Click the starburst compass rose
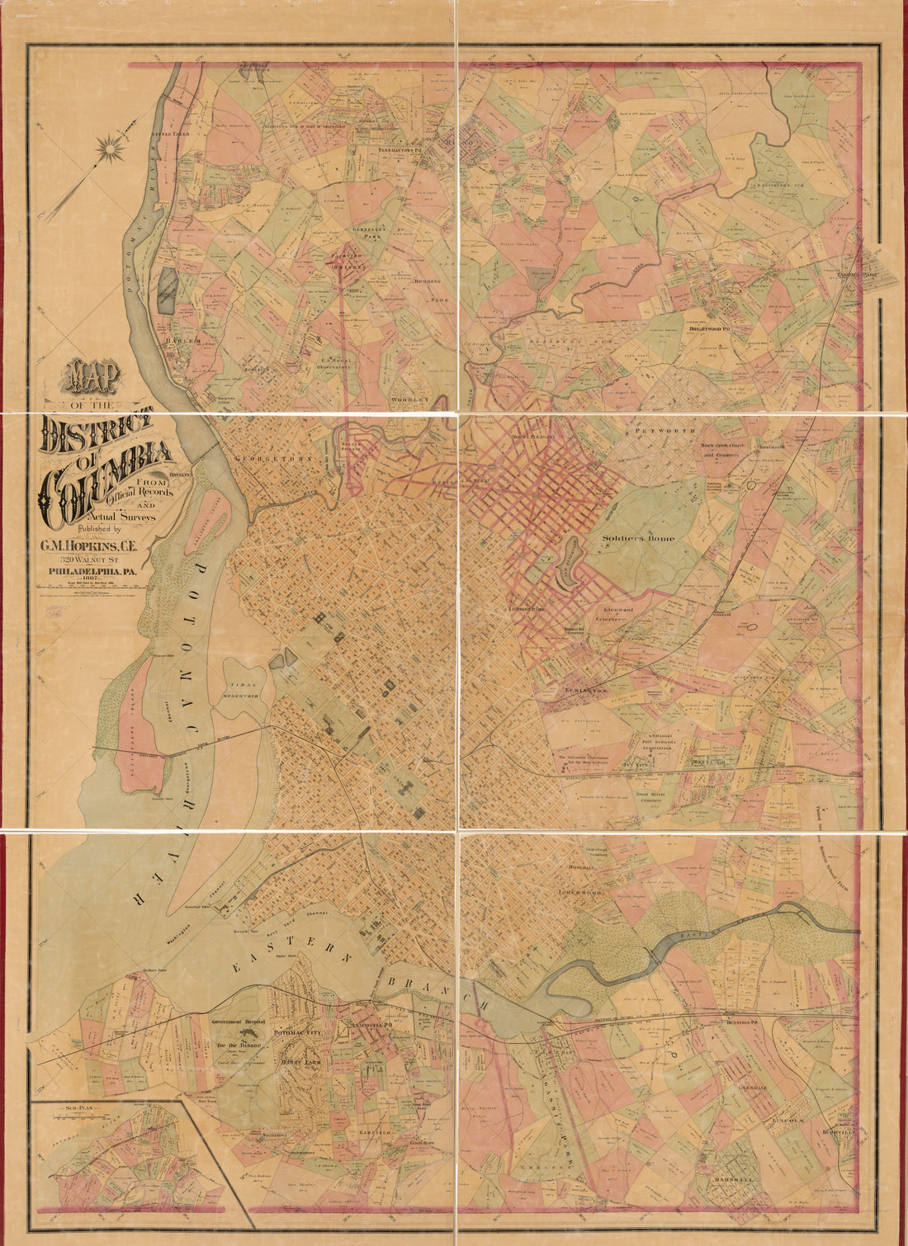pyautogui.click(x=109, y=149)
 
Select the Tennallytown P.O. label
pyautogui.click(x=400, y=151)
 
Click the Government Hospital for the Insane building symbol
pyautogui.click(x=248, y=1033)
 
